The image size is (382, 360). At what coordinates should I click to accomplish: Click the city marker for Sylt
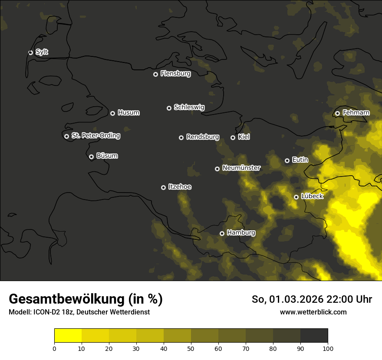[x=31, y=52]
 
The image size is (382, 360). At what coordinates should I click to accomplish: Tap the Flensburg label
[x=175, y=74]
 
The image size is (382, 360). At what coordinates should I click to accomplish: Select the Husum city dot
[x=112, y=113]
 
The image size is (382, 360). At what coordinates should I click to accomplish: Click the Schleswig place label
[x=189, y=107]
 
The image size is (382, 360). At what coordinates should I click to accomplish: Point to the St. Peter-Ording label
[x=95, y=136]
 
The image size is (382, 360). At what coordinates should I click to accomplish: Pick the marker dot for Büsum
[x=91, y=157]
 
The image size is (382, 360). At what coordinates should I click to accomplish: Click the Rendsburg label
[x=202, y=137]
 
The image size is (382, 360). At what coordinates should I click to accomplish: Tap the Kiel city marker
[x=233, y=137]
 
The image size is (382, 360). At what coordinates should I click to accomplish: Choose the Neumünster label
[x=241, y=168]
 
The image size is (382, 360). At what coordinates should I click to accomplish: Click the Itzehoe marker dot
[x=163, y=187]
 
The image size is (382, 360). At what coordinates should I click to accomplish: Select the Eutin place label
[x=300, y=160]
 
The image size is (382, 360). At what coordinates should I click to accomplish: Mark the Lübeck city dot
[x=296, y=197]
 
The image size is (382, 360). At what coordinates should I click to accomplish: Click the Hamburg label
[x=241, y=233]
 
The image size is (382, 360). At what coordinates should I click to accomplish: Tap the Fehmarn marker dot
[x=337, y=113]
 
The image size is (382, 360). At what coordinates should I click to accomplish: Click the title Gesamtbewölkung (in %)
[x=86, y=299]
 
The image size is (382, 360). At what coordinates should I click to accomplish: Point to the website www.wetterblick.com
[x=313, y=312]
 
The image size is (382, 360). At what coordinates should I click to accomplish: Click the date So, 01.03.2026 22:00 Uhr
[x=312, y=299]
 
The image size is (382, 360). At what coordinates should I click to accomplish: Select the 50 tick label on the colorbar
[x=191, y=348]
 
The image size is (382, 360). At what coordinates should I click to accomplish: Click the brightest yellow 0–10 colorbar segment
[x=68, y=336]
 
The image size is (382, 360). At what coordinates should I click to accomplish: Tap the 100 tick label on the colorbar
[x=328, y=348]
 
